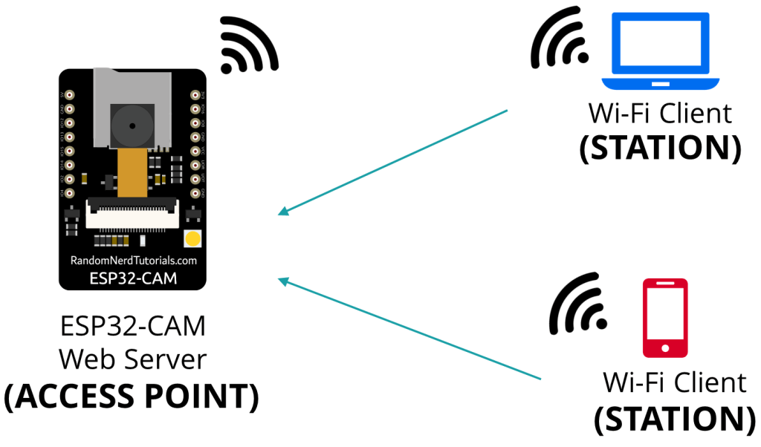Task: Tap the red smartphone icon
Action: tap(665, 319)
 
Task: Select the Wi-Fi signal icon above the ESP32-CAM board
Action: tap(248, 46)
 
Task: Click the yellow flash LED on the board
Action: tap(192, 238)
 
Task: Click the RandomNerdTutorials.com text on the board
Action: tap(133, 261)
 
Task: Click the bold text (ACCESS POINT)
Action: tap(132, 397)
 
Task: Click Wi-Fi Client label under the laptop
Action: tap(660, 114)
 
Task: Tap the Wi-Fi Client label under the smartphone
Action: tap(674, 382)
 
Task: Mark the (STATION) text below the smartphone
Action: tap(674, 418)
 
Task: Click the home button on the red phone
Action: tap(665, 348)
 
